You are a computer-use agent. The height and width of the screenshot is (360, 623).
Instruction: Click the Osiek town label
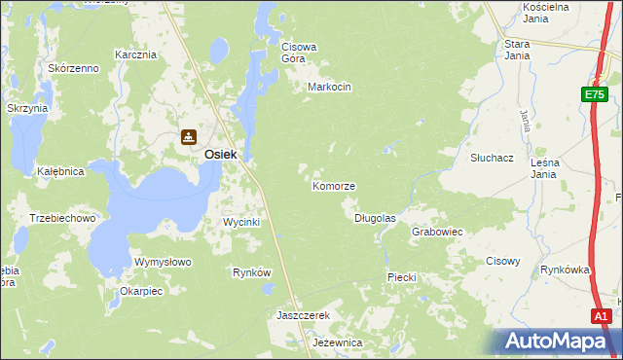pyautogui.click(x=221, y=154)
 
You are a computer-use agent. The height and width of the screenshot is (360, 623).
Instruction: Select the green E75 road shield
pyautogui.click(x=596, y=94)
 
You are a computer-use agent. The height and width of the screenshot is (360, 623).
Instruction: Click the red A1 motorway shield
pyautogui.click(x=602, y=316)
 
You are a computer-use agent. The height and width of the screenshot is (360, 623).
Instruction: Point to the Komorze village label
pyautogui.click(x=333, y=185)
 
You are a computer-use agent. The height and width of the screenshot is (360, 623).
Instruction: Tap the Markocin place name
pyautogui.click(x=328, y=87)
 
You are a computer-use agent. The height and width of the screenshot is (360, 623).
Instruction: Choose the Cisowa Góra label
pyautogui.click(x=300, y=52)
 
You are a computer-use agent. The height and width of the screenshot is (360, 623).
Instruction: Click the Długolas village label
pyautogui.click(x=375, y=218)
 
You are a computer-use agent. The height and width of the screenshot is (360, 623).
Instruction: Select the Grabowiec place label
pyautogui.click(x=436, y=233)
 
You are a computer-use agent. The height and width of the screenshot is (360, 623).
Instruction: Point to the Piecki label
pyautogui.click(x=402, y=277)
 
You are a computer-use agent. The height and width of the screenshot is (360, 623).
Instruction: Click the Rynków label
pyautogui.click(x=251, y=272)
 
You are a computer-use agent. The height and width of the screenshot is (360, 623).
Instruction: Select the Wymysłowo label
pyautogui.click(x=163, y=262)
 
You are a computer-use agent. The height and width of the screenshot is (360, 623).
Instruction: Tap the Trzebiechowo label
pyautogui.click(x=62, y=218)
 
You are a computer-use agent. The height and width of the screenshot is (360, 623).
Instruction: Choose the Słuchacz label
pyautogui.click(x=492, y=157)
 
